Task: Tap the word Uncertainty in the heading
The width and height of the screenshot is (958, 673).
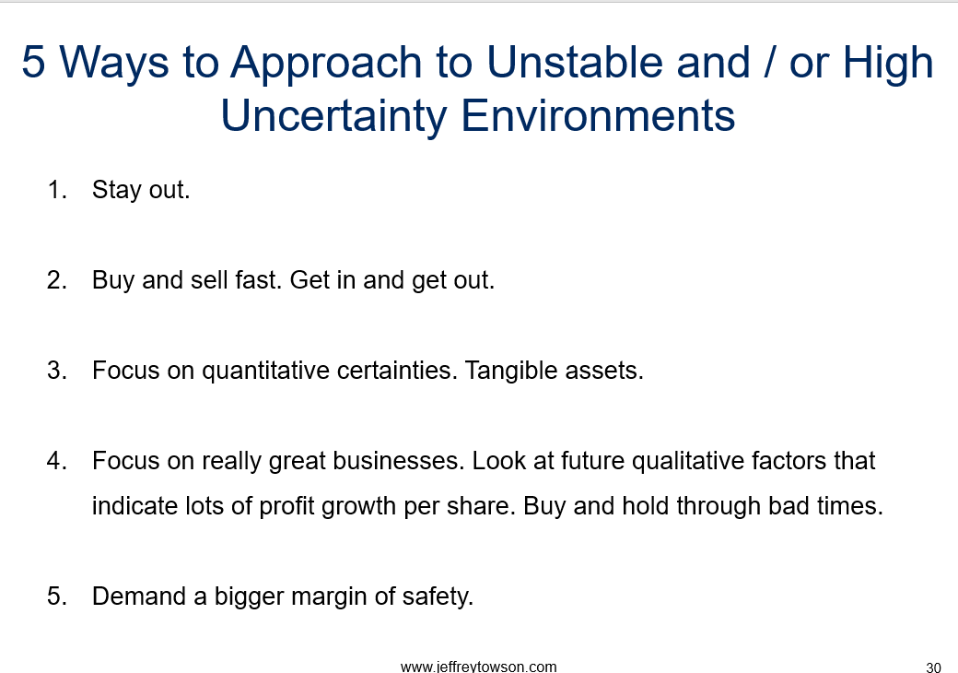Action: pos(333,116)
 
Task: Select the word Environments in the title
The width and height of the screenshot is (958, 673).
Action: pos(598,115)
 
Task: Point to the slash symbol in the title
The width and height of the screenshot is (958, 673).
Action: pos(769,62)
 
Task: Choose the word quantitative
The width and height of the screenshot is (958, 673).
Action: pos(266,371)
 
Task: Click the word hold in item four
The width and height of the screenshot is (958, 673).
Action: pos(646,506)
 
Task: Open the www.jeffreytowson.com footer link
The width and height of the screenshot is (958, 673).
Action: pos(478,667)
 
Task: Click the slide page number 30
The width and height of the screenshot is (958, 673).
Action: pos(933,667)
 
